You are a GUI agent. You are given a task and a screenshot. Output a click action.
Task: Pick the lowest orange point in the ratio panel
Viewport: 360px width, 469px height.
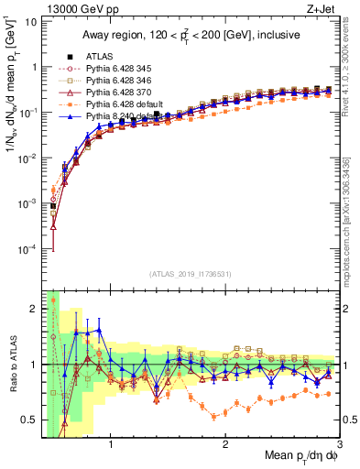point(214,417)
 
